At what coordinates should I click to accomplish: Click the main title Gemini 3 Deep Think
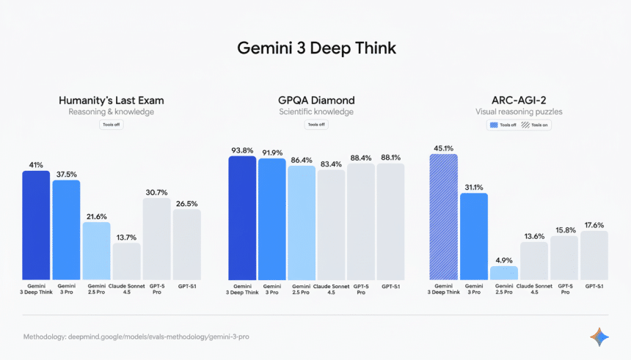click(x=315, y=48)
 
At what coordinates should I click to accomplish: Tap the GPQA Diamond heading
click(x=315, y=100)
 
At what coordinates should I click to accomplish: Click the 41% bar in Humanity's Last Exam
click(x=36, y=224)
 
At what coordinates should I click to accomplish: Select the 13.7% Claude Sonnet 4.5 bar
click(x=126, y=260)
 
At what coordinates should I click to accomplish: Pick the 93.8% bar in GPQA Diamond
click(x=242, y=217)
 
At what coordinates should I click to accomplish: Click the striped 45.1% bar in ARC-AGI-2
click(x=443, y=216)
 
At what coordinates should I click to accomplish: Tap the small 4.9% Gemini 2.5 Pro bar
click(x=503, y=272)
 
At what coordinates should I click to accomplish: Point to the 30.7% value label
click(x=156, y=191)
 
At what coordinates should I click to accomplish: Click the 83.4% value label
click(x=330, y=164)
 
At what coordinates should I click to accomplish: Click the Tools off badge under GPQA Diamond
click(x=316, y=125)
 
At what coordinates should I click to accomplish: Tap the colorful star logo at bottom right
click(x=599, y=337)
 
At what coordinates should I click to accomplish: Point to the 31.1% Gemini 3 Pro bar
click(x=473, y=235)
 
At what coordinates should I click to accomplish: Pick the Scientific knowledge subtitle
click(x=315, y=112)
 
